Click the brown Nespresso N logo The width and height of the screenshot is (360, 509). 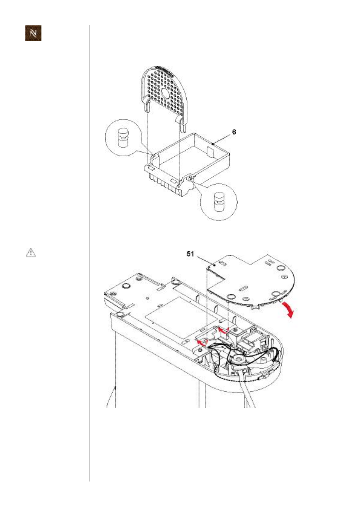coord(33,33)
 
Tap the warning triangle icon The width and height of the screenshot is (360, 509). coord(31,253)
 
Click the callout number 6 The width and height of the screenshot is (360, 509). coord(234,132)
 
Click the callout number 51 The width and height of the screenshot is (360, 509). coord(190,254)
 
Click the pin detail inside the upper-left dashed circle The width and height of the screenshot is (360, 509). coord(123,138)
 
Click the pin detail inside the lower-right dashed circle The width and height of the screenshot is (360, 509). coord(219,201)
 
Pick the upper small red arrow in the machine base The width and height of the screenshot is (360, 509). coord(223,329)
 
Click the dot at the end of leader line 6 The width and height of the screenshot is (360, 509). coord(213,144)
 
